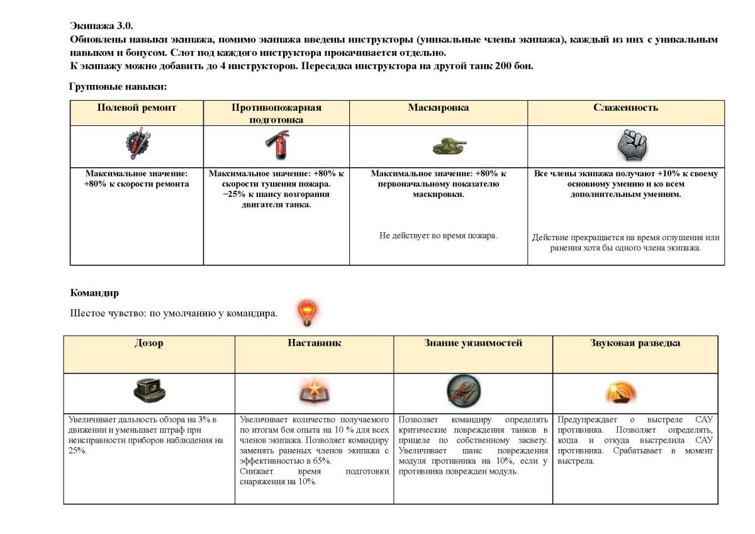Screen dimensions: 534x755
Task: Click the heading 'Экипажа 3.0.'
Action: (x=101, y=26)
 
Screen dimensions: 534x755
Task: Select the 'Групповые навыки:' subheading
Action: (x=118, y=86)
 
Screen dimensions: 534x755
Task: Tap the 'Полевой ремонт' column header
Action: (x=137, y=108)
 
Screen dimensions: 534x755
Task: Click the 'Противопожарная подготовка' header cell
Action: (x=276, y=113)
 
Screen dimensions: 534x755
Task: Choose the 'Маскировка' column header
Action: (x=438, y=108)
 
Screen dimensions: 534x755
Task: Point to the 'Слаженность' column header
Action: (x=625, y=108)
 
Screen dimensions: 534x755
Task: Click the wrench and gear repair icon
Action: (x=137, y=144)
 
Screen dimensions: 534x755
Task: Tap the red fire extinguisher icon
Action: (x=276, y=145)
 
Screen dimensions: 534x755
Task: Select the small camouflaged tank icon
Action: (x=449, y=147)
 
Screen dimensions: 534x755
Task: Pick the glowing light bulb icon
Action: (x=308, y=312)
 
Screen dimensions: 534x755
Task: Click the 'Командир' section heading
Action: (x=94, y=292)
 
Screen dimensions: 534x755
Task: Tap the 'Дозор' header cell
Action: (x=148, y=343)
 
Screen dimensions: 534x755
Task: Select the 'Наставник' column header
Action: (x=314, y=343)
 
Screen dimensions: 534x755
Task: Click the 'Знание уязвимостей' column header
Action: (x=473, y=343)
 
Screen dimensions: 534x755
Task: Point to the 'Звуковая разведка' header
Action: (x=635, y=343)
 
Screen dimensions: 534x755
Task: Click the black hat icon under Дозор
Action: (x=150, y=392)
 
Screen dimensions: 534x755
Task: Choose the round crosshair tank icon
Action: (x=464, y=391)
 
